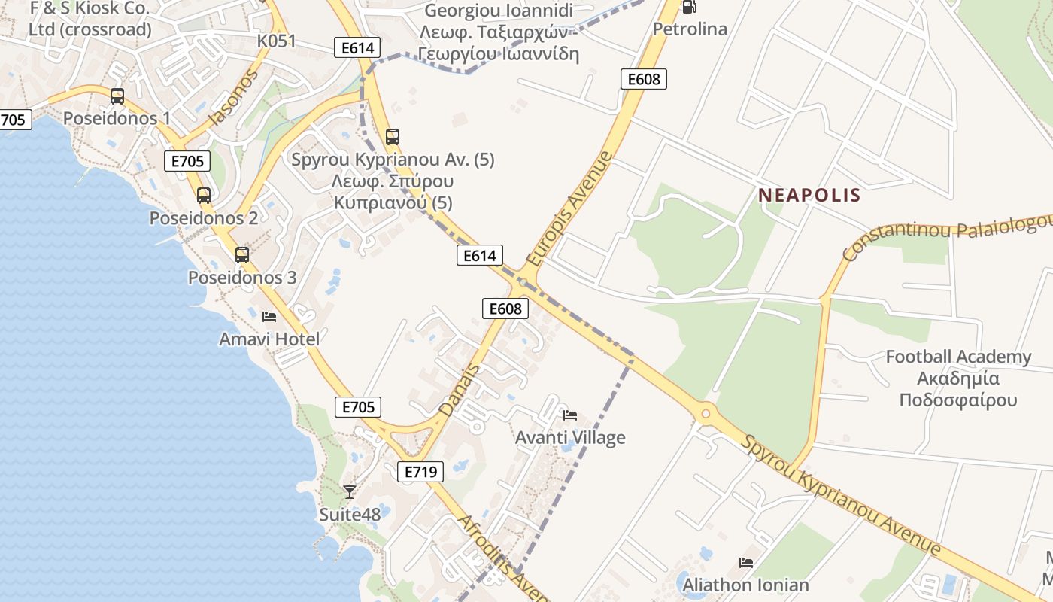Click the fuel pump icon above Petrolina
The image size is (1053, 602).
pos(689,7)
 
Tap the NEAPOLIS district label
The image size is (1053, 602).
pos(809,196)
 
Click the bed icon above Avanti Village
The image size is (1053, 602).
pos(570,415)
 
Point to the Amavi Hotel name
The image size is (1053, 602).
pos(269,339)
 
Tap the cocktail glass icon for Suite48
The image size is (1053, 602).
pos(350,492)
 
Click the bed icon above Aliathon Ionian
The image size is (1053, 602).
pos(746,563)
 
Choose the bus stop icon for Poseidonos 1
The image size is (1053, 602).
pos(117,96)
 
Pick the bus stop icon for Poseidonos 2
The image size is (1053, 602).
pos(204,196)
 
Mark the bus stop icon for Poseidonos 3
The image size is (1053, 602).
pos(242,255)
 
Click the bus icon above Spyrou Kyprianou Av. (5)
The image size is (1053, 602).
pos(393,137)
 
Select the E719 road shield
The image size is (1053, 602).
pos(420,472)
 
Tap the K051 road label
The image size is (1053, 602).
pos(277,41)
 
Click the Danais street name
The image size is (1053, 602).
pos(460,390)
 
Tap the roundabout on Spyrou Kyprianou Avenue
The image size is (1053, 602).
pos(706,412)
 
